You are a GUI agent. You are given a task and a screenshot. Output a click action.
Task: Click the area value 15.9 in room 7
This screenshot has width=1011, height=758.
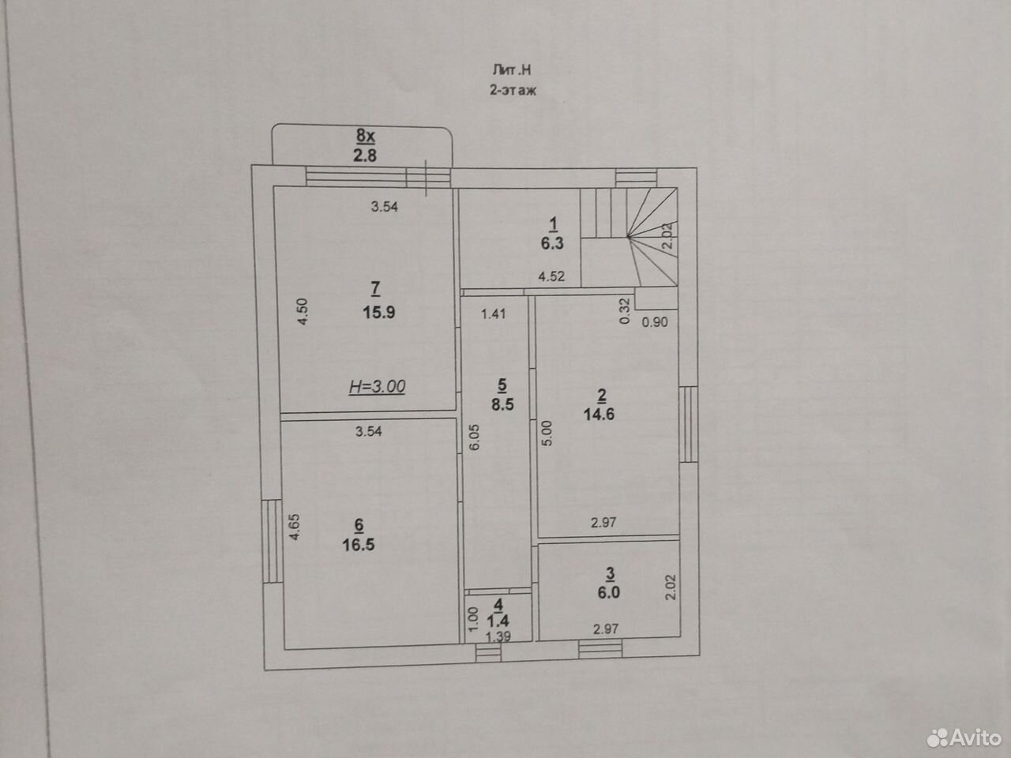coord(378,313)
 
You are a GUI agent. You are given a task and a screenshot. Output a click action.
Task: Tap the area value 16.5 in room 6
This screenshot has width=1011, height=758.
coord(359,545)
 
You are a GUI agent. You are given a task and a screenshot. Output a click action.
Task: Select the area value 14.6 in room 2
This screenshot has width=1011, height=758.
coord(599,415)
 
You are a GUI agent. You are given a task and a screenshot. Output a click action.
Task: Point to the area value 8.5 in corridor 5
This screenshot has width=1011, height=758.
coord(502,404)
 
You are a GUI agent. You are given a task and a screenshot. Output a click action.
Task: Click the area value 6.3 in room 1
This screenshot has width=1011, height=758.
coord(552,243)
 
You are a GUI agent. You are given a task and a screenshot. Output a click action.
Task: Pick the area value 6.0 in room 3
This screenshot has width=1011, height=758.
coord(608,592)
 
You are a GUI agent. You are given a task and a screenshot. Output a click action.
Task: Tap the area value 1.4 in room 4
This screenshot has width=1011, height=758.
coord(498,621)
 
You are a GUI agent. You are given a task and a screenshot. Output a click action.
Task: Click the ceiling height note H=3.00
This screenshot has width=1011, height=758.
coord(377,386)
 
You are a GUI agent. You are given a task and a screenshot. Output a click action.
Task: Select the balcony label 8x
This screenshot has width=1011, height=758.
coord(365,136)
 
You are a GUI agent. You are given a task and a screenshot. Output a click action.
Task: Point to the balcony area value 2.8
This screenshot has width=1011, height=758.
coord(365,156)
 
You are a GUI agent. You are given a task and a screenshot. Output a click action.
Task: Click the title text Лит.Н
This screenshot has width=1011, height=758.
coord(512,70)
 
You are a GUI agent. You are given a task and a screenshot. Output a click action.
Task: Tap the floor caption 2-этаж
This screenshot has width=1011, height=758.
coord(513,90)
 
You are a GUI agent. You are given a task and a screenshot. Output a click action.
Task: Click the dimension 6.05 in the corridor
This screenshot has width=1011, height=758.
coord(475,437)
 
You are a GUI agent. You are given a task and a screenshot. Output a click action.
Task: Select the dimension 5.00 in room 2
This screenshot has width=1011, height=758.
coord(547,433)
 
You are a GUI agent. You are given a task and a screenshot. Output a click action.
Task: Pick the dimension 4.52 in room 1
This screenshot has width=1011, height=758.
coord(551,276)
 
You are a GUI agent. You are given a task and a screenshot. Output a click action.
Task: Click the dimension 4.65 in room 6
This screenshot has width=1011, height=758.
coord(295,527)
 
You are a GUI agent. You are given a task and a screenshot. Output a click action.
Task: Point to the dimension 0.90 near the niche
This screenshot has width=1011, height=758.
coord(655,322)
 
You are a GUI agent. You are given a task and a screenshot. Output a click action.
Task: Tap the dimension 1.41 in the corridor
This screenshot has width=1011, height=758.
coord(494,314)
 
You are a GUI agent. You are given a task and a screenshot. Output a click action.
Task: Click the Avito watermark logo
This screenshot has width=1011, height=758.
coord(964,737)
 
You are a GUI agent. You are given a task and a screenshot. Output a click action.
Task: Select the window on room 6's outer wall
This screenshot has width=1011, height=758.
coord(272,541)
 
